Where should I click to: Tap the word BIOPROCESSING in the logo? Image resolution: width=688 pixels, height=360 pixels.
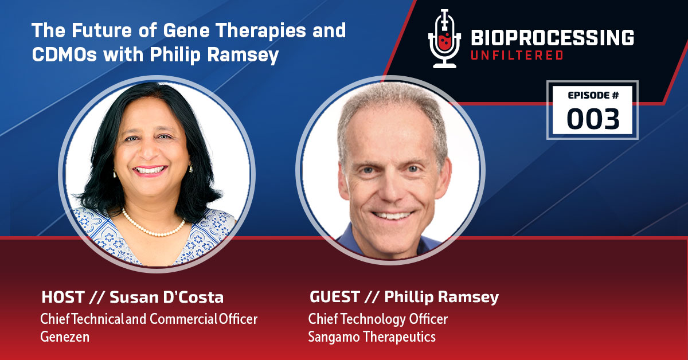pyautogui.click(x=552, y=38)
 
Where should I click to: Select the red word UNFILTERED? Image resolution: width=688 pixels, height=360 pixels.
pyautogui.click(x=516, y=55)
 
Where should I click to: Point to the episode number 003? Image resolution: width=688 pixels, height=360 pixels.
pyautogui.click(x=593, y=118)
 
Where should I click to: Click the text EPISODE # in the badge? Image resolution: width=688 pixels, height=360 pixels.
pyautogui.click(x=593, y=96)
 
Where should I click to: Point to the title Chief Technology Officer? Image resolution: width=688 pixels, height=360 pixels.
pyautogui.click(x=377, y=318)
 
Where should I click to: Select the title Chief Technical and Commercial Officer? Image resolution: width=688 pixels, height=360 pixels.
pyautogui.click(x=148, y=319)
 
